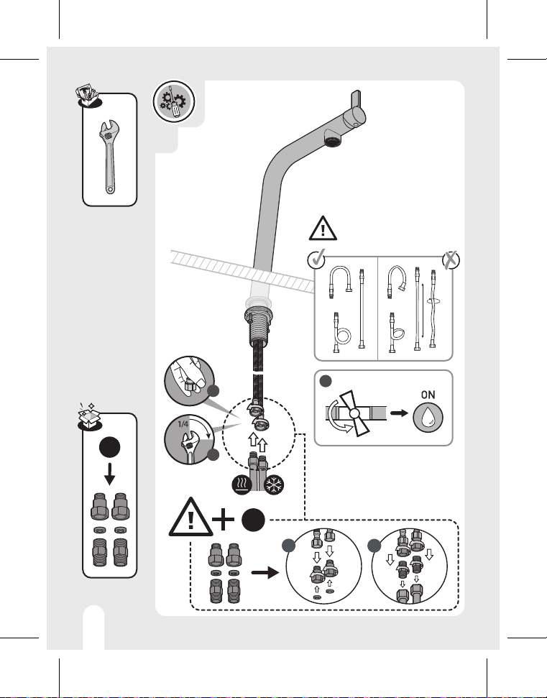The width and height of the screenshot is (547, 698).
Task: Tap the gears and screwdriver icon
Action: point(173,101)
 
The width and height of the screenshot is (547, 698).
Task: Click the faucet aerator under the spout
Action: point(333,141)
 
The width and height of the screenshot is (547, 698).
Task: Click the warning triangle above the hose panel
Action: point(323,229)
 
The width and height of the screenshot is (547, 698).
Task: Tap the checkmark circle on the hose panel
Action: point(316,259)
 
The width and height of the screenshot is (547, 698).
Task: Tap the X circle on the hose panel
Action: point(451,260)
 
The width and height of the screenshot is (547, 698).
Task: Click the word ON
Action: point(428,395)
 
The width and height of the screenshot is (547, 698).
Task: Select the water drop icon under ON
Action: point(428,417)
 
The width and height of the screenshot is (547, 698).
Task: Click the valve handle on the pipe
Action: point(355,413)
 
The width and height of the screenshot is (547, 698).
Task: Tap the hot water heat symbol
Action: point(242,485)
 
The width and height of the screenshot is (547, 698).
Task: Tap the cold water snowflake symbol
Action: point(274,485)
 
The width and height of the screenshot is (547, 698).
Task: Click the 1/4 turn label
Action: point(183,424)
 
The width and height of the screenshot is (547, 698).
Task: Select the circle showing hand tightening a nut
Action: point(189,380)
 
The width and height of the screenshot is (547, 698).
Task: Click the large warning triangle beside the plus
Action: point(190,518)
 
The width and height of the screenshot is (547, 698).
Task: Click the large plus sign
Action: point(223,520)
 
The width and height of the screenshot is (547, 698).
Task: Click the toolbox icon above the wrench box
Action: point(88,96)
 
